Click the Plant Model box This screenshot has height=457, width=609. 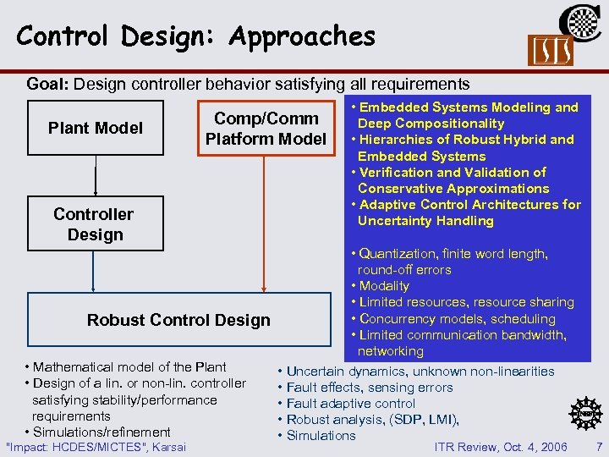coord(95,128)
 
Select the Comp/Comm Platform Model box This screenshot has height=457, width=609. coord(265,128)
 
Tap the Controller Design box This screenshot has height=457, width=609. coord(95,224)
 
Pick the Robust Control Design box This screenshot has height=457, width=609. coord(178,320)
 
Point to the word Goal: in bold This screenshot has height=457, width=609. coord(49,84)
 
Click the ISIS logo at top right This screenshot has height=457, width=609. coord(550,52)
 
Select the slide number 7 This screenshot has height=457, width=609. coord(599,446)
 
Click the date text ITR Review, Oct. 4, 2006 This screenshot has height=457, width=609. coord(501,446)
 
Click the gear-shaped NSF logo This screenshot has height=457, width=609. coord(584,412)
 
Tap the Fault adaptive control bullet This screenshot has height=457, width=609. coord(350,404)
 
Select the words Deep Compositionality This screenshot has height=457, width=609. coord(431,124)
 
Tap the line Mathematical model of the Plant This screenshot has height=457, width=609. coord(129,367)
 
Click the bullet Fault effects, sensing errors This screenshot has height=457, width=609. coord(370,388)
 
